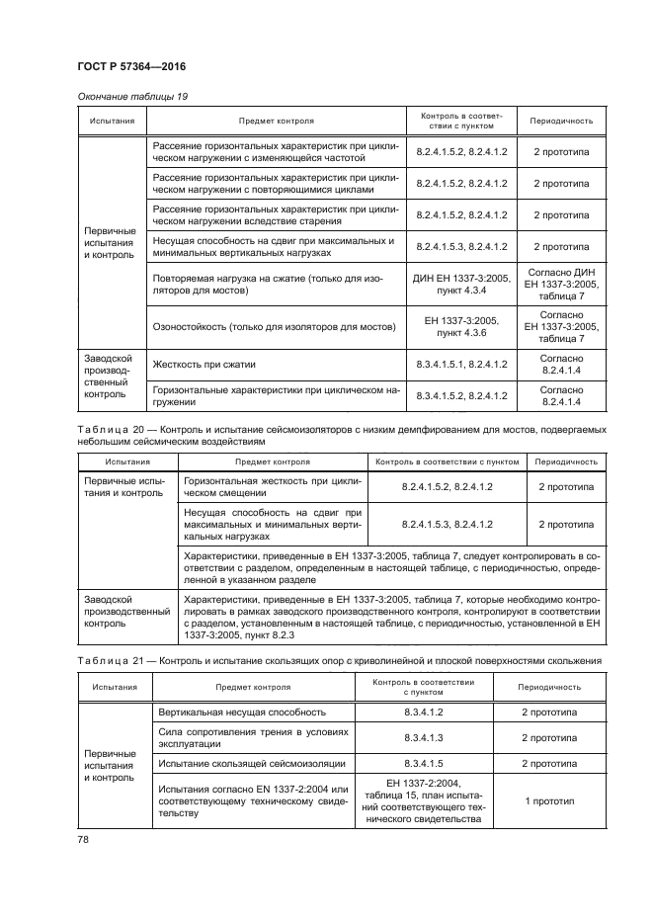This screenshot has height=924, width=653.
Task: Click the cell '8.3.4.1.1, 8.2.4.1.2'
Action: (461, 365)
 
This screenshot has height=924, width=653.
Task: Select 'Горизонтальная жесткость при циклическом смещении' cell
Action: (272, 487)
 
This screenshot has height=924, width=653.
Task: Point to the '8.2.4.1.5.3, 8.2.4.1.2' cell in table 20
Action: (447, 524)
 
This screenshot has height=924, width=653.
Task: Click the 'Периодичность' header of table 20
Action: (565, 462)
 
